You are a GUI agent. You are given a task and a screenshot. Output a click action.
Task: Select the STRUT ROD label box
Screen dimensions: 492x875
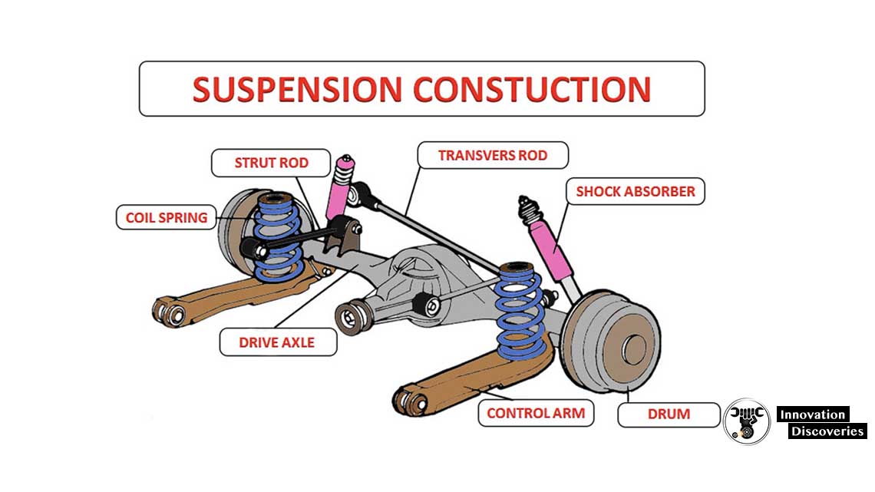coord(271,163)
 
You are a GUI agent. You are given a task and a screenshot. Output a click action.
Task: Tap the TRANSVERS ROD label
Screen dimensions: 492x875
coord(493,155)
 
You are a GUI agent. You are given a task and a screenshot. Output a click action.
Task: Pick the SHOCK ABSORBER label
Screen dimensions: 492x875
coord(636,191)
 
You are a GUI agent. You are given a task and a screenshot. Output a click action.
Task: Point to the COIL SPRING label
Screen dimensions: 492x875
coord(167,217)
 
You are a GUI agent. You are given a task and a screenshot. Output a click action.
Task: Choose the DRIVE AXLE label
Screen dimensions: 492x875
coord(277,342)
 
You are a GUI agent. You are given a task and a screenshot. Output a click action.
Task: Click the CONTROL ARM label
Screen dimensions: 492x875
coord(536,413)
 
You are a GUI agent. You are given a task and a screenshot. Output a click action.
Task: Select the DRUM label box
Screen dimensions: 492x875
coord(669,414)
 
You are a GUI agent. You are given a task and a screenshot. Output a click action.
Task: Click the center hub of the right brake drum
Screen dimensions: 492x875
coord(633,349)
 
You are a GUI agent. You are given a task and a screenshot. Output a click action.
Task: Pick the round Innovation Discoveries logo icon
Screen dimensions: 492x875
coord(746,421)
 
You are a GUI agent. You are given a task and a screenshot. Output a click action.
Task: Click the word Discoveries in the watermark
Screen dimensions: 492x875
coord(827,431)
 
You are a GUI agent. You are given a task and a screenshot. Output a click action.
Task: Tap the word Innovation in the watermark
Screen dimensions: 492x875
coord(812,414)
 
